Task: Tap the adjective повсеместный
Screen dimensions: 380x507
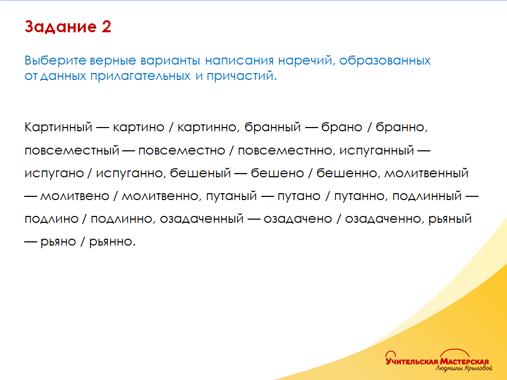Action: pos(71,150)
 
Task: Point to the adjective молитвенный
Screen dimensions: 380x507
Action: pos(426,173)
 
